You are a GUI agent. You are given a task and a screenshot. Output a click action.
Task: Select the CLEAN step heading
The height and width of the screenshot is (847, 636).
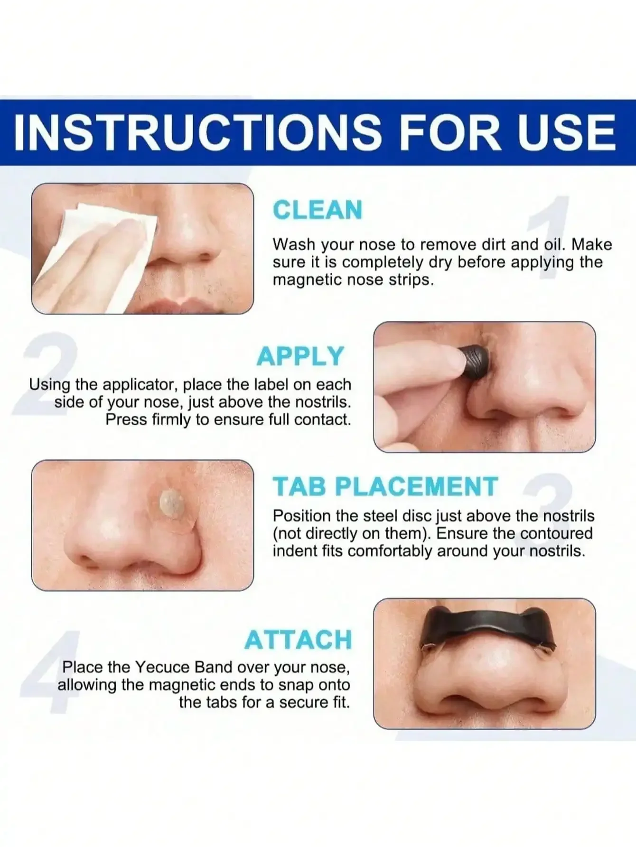click(318, 210)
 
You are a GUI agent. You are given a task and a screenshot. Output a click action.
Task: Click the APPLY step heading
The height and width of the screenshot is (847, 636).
click(300, 356)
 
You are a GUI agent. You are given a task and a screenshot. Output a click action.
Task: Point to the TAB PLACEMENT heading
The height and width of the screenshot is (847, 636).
click(385, 487)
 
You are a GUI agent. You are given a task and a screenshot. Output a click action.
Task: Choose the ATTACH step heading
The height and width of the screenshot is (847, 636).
click(298, 640)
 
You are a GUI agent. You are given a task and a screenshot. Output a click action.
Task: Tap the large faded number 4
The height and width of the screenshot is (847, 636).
click(50, 671)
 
